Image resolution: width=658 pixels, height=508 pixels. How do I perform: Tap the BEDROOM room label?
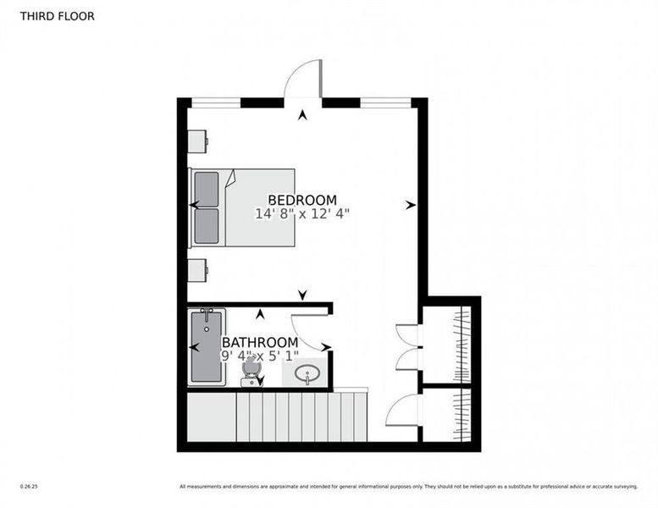click(x=302, y=200)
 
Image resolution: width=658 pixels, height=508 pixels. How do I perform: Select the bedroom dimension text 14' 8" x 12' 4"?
click(x=302, y=215)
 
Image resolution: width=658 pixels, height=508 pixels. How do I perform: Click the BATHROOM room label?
click(x=259, y=343)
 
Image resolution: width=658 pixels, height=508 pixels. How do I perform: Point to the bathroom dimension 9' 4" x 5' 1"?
click(x=260, y=356)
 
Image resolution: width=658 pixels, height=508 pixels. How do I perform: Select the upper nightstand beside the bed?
click(x=197, y=141)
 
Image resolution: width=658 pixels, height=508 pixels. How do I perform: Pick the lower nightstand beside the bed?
click(x=197, y=270)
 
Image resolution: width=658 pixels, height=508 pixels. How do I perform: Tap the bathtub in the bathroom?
click(x=206, y=347)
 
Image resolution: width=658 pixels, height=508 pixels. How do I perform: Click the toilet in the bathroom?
click(x=251, y=372)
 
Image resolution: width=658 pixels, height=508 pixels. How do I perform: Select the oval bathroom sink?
click(x=308, y=373)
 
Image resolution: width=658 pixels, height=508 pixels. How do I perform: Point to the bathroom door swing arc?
click(x=310, y=331)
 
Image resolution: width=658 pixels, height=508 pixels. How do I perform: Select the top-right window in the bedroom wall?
click(x=385, y=102)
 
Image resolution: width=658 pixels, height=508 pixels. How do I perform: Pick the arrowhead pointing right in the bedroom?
click(x=411, y=205)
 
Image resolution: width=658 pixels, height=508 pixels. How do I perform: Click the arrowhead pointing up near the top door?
click(x=302, y=115)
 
